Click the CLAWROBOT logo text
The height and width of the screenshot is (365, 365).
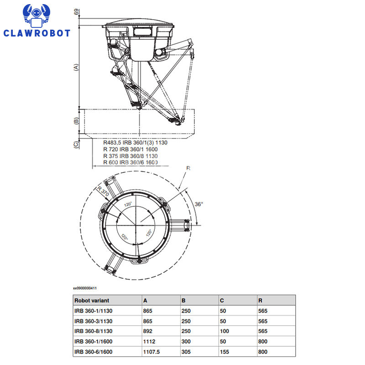(x=36, y=33)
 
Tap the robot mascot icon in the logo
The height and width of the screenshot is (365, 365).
(x=36, y=16)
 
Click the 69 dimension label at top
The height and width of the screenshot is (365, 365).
(x=76, y=12)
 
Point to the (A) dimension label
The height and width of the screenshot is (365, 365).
(x=76, y=67)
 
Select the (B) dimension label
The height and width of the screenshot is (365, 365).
(x=76, y=121)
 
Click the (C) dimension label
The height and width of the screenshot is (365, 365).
(x=76, y=145)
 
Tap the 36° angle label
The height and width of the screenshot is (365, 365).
(x=199, y=204)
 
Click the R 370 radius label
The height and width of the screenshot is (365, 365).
(x=103, y=191)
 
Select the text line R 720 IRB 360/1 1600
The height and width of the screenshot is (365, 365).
(x=130, y=149)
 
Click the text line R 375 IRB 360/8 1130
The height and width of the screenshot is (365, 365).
(x=130, y=156)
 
